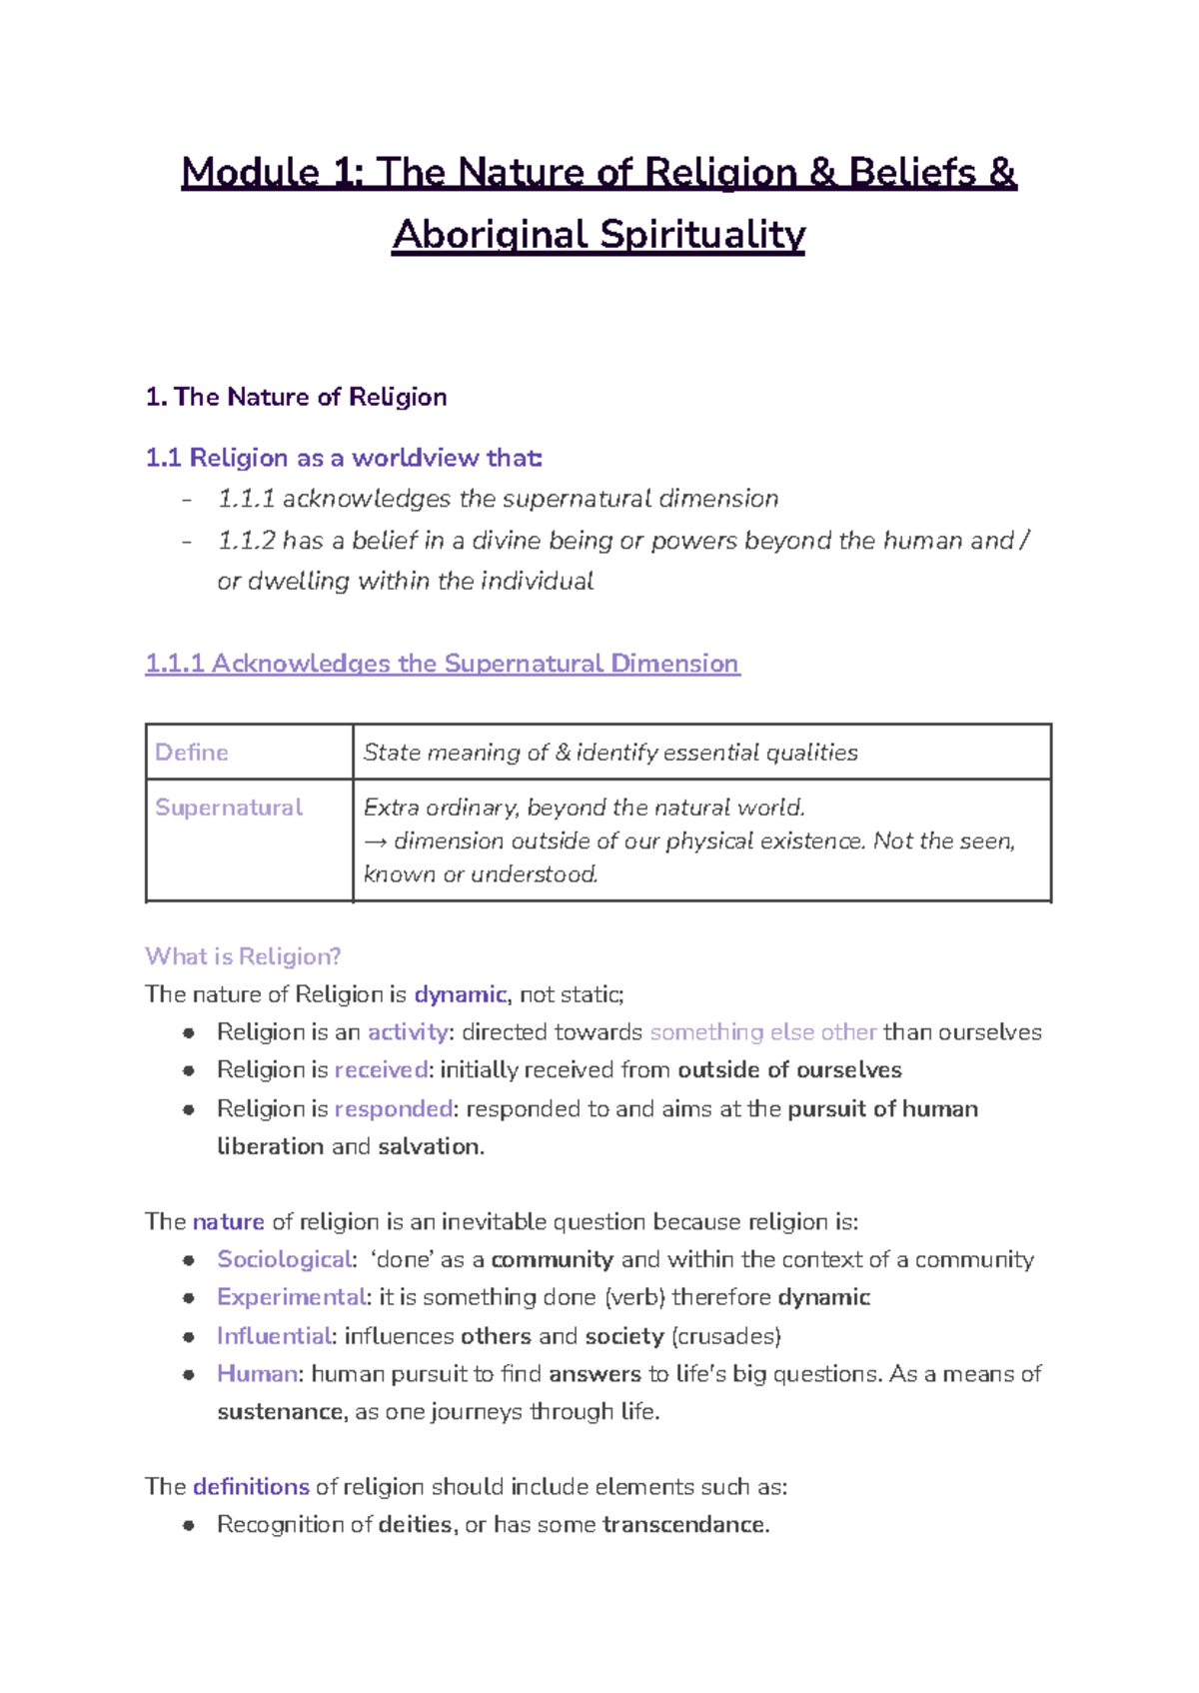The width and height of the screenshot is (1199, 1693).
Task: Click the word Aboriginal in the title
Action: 490,235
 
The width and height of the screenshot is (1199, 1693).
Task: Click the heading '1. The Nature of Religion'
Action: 296,397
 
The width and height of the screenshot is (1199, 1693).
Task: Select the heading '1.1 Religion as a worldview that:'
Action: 344,458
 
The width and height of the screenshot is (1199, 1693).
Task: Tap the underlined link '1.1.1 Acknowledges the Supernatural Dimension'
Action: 442,664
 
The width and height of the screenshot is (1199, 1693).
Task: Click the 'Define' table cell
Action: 192,753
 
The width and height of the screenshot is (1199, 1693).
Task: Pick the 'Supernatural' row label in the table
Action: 229,808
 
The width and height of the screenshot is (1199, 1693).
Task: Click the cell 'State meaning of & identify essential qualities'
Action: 609,753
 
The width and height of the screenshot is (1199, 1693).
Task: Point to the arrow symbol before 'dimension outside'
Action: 375,842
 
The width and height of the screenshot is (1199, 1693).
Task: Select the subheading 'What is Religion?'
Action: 243,956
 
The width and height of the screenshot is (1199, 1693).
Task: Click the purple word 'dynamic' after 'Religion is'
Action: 460,994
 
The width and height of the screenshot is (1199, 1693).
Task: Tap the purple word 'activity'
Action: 407,1032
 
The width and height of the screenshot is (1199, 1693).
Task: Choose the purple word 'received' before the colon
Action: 381,1070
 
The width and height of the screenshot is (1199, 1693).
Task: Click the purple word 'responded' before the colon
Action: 394,1109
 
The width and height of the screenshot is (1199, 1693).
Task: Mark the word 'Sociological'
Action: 285,1259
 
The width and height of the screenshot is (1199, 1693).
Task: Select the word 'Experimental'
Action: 291,1297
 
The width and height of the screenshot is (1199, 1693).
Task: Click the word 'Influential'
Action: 274,1336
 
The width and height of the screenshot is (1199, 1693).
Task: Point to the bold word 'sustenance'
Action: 281,1412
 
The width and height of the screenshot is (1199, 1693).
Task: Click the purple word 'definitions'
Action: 251,1487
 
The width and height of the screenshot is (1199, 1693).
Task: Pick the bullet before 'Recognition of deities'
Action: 188,1525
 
